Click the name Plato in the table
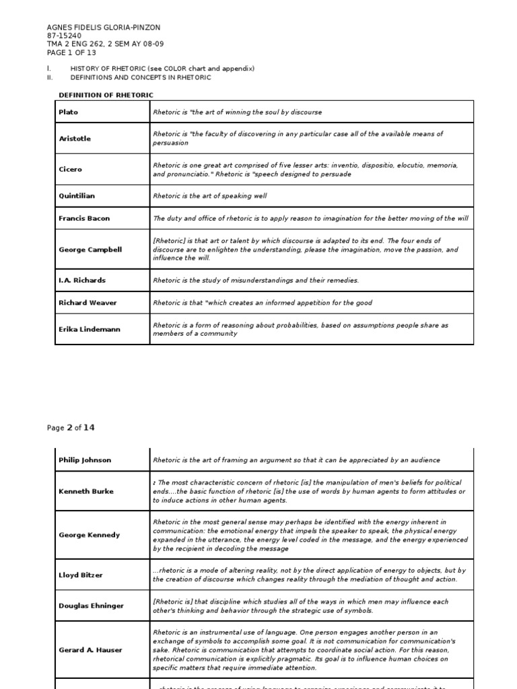click(69, 112)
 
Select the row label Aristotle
click(74, 139)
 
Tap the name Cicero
click(70, 170)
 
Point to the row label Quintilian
click(77, 196)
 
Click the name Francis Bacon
click(83, 218)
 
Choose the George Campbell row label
click(90, 249)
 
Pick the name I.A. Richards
click(82, 280)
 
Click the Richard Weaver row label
click(88, 303)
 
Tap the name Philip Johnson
click(85, 460)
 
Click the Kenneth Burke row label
click(85, 491)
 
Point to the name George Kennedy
click(89, 535)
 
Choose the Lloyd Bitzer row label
click(80, 575)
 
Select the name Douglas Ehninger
click(91, 606)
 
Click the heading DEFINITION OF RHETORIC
click(106, 95)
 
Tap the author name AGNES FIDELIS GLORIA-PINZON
click(104, 28)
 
